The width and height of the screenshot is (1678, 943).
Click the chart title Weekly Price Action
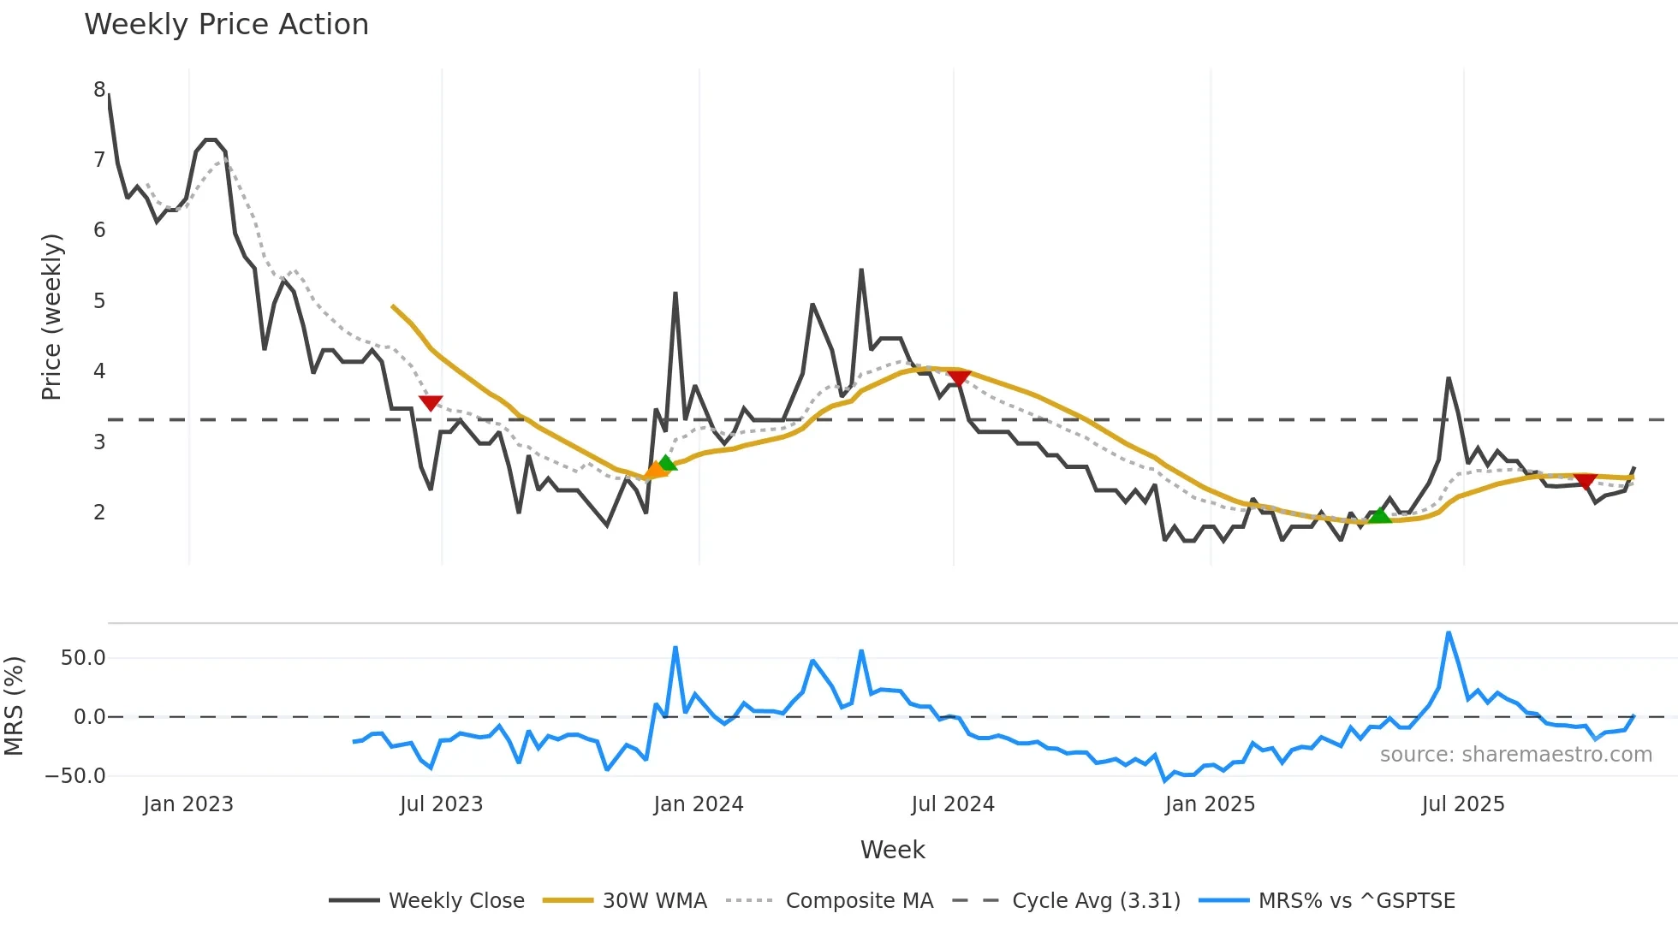coord(226,25)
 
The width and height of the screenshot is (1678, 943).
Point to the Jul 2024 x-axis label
coord(953,804)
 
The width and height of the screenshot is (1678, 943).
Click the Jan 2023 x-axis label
coord(188,804)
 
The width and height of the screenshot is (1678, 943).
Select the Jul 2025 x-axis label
coord(1463,804)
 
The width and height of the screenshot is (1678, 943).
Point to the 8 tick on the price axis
coord(100,90)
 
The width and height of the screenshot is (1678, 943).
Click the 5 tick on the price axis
coord(100,301)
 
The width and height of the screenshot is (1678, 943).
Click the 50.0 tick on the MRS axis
coord(83,658)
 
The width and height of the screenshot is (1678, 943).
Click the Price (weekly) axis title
coord(51,317)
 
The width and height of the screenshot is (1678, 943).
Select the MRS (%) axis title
coord(14,706)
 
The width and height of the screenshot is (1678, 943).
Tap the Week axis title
coord(892,850)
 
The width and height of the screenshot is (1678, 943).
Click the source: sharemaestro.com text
coord(1515,755)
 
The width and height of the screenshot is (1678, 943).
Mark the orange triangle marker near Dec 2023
coord(655,470)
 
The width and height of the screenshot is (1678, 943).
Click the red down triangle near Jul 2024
coord(959,377)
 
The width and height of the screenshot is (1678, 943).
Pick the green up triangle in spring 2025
coord(1380,515)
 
